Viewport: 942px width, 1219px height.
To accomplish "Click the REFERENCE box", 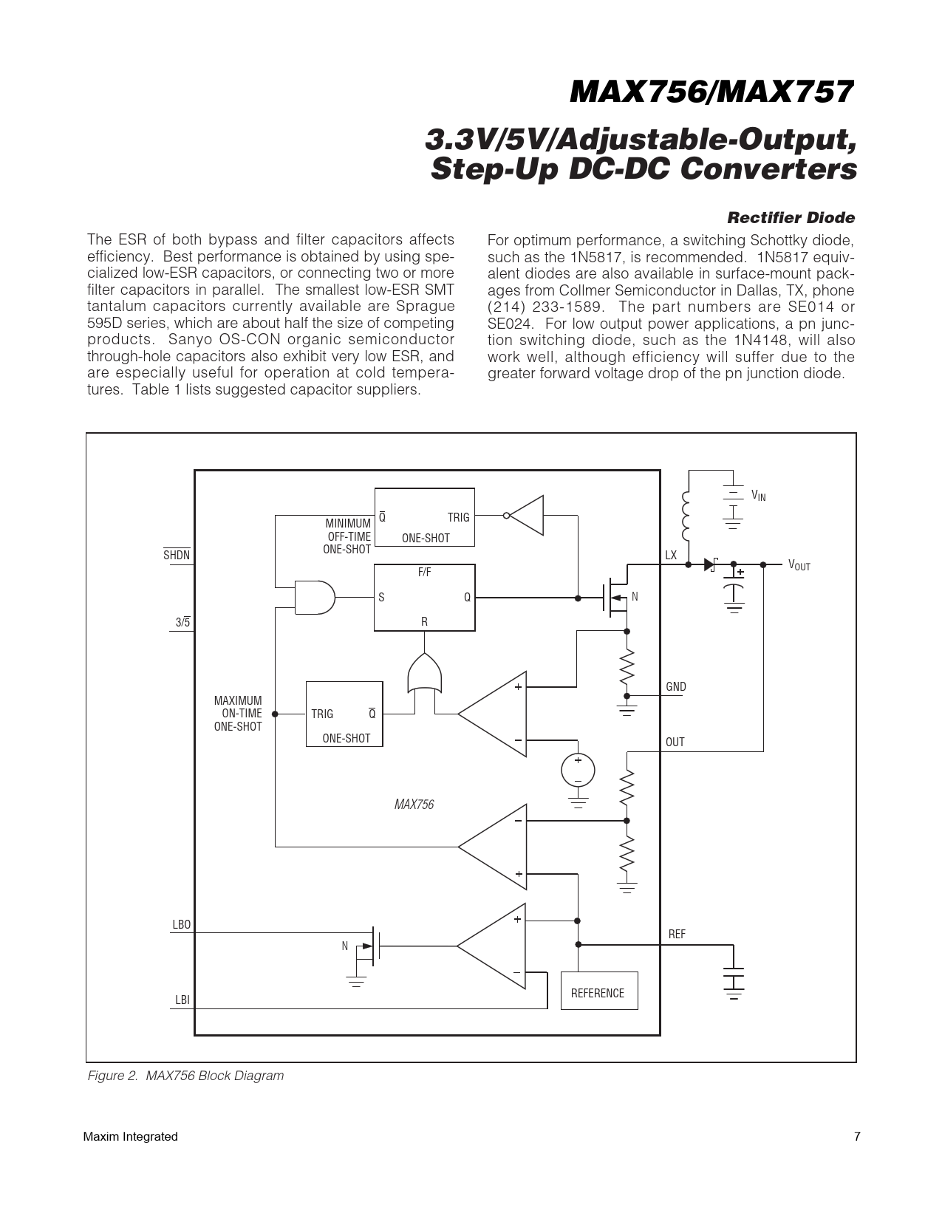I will coord(598,992).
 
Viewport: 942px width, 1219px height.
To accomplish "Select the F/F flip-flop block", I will coord(424,597).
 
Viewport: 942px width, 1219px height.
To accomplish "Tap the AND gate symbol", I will coord(313,597).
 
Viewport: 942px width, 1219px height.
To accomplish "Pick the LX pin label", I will coord(671,555).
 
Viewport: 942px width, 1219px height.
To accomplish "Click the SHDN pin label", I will coord(177,555).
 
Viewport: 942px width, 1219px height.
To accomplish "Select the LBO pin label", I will coord(181,924).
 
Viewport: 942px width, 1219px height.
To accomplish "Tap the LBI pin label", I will coord(182,1000).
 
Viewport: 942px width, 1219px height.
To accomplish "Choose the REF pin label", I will coord(677,935).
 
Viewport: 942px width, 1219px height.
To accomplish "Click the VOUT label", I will coord(799,565).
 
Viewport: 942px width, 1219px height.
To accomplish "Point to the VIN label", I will coord(758,495).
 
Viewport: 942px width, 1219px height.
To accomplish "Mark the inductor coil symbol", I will coord(687,517).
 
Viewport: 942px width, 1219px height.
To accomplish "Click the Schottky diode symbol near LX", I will coord(711,564).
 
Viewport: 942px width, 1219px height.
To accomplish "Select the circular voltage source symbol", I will coord(578,770).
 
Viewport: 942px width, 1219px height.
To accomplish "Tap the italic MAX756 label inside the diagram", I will coord(414,805).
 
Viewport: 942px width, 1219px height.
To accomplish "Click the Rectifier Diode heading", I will coord(791,218).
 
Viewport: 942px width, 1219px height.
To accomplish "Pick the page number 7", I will coord(857,1136).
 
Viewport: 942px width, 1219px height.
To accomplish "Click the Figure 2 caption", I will coord(185,1076).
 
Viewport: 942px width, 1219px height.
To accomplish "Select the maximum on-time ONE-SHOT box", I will coord(344,714).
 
